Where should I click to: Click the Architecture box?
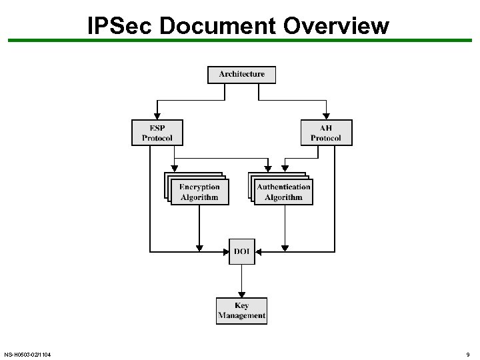click(241, 74)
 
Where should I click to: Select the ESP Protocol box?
click(157, 132)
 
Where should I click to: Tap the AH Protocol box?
click(326, 132)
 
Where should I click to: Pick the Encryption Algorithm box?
click(199, 192)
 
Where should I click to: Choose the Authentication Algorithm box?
click(283, 192)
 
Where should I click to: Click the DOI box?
click(241, 251)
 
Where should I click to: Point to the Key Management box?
click(241, 311)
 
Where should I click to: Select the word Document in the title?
click(217, 25)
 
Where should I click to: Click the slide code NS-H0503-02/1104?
click(27, 354)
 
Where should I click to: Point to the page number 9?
click(468, 354)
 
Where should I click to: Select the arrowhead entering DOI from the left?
click(225, 251)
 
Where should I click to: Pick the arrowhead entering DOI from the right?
click(259, 251)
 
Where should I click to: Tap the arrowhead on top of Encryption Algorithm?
click(174, 169)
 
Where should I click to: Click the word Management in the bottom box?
click(241, 315)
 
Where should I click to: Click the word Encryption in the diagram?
click(199, 187)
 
